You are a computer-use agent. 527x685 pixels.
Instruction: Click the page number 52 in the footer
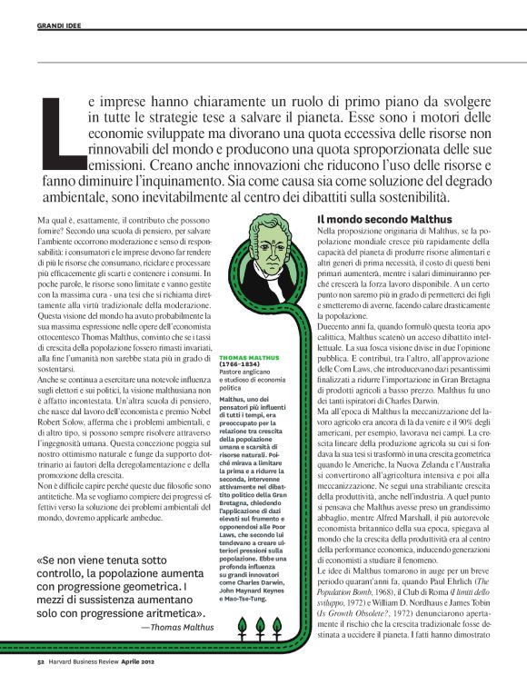41,664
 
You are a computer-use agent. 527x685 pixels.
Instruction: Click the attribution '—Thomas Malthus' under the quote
177,626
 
